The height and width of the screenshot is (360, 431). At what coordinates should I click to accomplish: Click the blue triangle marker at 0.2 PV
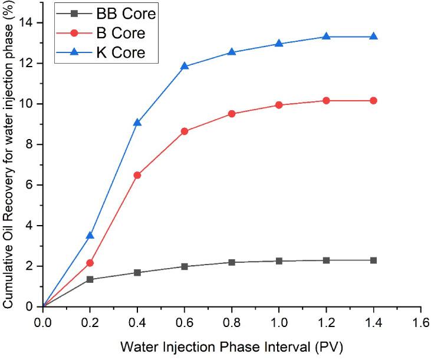(90, 236)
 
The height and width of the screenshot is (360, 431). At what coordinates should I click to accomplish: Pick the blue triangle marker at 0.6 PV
(185, 66)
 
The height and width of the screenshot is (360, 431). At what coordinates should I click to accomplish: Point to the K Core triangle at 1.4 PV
(373, 37)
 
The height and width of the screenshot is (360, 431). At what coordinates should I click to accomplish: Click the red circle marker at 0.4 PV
(137, 175)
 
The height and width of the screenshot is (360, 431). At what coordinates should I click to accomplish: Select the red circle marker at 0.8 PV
(232, 114)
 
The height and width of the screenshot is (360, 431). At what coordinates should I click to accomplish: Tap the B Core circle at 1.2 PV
(326, 101)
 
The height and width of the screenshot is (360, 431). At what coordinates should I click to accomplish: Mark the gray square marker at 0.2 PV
(90, 279)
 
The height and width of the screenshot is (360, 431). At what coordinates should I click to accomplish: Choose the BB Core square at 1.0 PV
(279, 261)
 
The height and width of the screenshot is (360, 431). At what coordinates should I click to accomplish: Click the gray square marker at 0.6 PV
(185, 266)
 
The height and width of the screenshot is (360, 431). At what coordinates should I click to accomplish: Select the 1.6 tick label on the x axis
(420, 322)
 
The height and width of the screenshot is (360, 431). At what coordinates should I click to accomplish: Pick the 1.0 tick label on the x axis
(279, 322)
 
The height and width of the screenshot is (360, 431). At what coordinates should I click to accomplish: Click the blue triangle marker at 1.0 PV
(279, 44)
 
